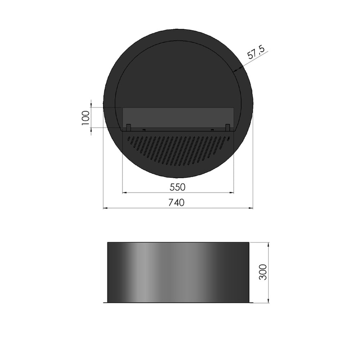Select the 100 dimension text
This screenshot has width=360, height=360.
point(85,118)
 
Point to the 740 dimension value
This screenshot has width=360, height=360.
point(177,202)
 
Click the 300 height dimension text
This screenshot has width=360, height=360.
point(263,272)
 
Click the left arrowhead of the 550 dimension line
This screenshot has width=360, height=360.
point(125,192)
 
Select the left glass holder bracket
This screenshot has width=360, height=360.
point(128,127)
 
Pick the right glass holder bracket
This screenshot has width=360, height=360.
point(228,127)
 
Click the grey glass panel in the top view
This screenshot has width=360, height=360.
point(178,117)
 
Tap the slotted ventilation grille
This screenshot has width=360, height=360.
point(178,148)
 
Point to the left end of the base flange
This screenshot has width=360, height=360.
point(105,302)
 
